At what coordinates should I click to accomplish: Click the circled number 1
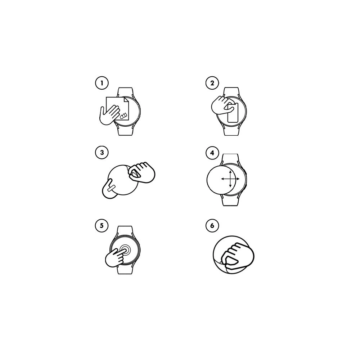point(102,83)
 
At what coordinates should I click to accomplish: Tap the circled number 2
point(212,83)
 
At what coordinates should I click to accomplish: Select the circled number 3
point(102,153)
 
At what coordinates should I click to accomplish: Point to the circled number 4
point(212,153)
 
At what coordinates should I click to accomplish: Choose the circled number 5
point(102,225)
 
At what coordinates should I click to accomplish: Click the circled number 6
point(212,225)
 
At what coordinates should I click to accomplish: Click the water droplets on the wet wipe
point(123,116)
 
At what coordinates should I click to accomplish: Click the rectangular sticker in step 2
point(233,113)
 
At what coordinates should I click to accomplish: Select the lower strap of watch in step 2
point(231,130)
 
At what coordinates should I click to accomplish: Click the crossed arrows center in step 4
point(230,179)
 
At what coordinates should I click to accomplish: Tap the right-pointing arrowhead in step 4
point(238,179)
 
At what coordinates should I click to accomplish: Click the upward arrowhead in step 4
point(230,171)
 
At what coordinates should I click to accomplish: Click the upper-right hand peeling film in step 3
point(141,172)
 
